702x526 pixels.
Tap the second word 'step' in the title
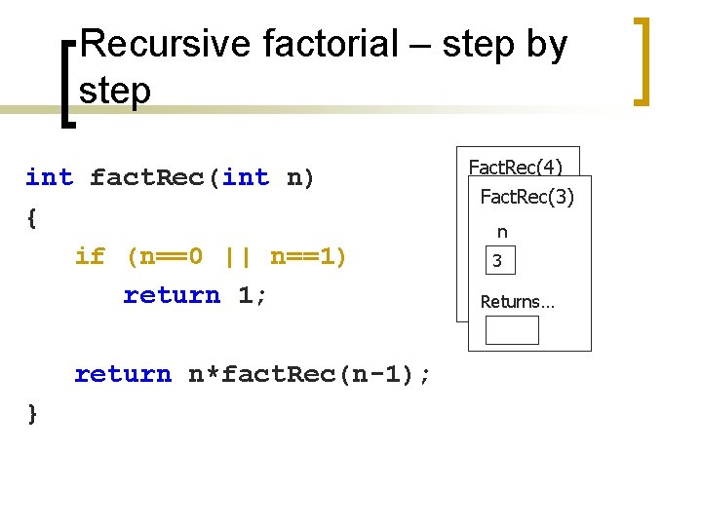pyautogui.click(x=115, y=91)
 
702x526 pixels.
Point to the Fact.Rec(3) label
pyautogui.click(x=527, y=197)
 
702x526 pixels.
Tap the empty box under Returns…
pyautogui.click(x=512, y=330)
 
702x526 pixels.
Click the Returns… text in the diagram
pyautogui.click(x=517, y=302)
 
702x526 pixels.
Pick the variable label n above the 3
pyautogui.click(x=502, y=232)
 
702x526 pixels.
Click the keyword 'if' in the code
pyautogui.click(x=90, y=256)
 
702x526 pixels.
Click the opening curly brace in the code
pyautogui.click(x=32, y=217)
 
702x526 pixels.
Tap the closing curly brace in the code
pyautogui.click(x=32, y=414)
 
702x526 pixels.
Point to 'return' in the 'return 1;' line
pyautogui.click(x=172, y=295)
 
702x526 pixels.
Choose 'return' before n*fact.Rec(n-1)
pyautogui.click(x=123, y=374)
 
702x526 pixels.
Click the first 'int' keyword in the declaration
pyautogui.click(x=49, y=177)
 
